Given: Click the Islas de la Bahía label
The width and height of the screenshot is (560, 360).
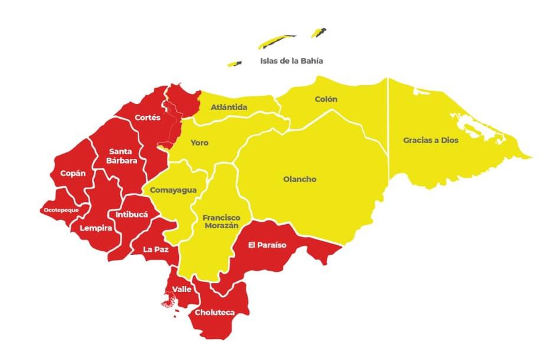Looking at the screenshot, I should pyautogui.click(x=291, y=61).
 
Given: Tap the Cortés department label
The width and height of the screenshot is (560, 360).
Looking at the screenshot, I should pyautogui.click(x=148, y=118).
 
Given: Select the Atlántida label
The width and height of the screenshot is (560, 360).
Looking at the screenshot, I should pyautogui.click(x=229, y=108).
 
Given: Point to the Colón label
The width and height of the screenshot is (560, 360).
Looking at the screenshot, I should pyautogui.click(x=326, y=99).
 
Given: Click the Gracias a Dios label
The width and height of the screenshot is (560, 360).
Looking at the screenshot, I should pyautogui.click(x=431, y=141).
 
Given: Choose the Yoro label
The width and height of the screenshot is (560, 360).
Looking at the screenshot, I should pyautogui.click(x=199, y=143).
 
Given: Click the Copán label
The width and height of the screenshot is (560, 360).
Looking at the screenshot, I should pyautogui.click(x=73, y=174).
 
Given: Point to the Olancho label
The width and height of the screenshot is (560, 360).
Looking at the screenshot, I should pyautogui.click(x=299, y=179).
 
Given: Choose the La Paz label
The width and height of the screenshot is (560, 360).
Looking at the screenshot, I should pyautogui.click(x=156, y=249).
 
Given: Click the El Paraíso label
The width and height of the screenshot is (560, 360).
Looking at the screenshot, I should pyautogui.click(x=267, y=245).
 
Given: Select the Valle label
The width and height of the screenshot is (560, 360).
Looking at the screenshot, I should pyautogui.click(x=181, y=290).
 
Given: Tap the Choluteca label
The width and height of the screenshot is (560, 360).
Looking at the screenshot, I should pyautogui.click(x=214, y=312).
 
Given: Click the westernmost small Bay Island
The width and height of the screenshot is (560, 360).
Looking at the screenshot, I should pyautogui.click(x=236, y=63).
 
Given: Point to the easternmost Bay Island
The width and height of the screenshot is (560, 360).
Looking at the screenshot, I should pyautogui.click(x=320, y=33).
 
